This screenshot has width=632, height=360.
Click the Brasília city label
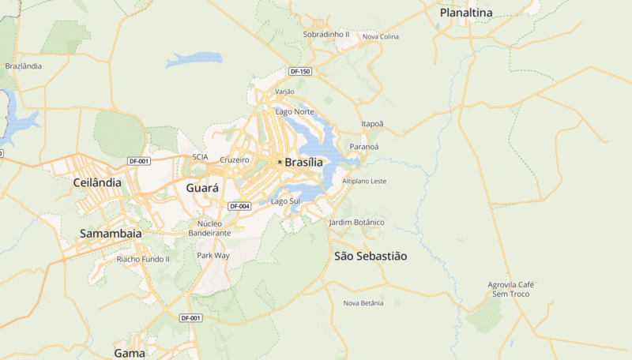click(304, 162)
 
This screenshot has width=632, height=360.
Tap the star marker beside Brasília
click(279, 162)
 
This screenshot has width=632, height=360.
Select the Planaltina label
click(466, 13)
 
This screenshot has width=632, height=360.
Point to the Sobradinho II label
click(325, 35)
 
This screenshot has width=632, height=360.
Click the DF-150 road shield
click(300, 72)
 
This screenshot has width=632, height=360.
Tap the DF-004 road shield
click(239, 206)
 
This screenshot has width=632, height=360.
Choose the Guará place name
click(202, 188)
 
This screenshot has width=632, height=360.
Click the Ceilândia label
click(96, 182)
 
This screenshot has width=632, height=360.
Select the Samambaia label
click(111, 234)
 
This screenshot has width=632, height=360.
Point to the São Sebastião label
click(371, 256)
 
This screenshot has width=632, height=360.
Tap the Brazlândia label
click(24, 66)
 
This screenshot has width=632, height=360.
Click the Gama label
click(130, 353)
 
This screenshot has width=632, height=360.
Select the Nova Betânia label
click(363, 303)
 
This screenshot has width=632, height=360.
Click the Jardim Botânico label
click(356, 223)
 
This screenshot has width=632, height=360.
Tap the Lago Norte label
click(294, 111)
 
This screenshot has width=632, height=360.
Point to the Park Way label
click(213, 256)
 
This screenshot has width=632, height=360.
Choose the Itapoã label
click(371, 124)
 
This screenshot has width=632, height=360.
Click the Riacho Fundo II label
click(143, 259)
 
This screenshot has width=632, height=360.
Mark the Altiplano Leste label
click(364, 182)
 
